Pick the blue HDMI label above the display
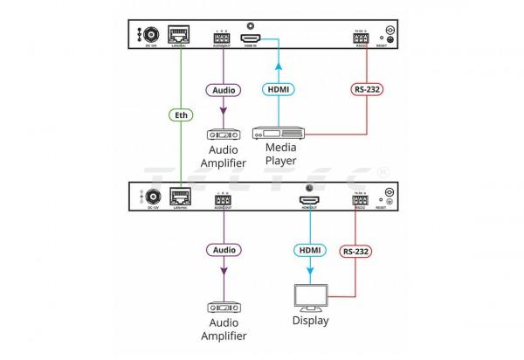pyautogui.click(x=310, y=251)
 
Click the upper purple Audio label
pyautogui.click(x=221, y=88)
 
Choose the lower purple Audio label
pyautogui.click(x=221, y=250)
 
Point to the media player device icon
pyautogui.click(x=278, y=134)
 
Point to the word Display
pyautogui.click(x=310, y=320)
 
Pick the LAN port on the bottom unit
pyautogui.click(x=181, y=197)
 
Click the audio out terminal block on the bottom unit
pyautogui.click(x=221, y=200)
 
